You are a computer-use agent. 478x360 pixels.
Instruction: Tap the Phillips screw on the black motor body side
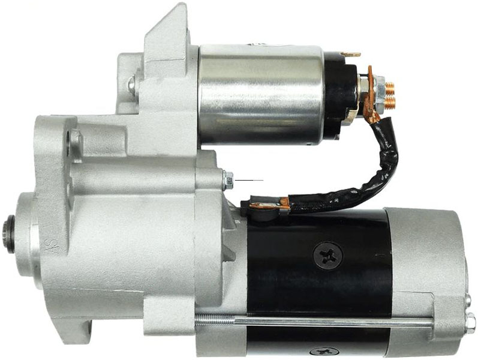pyautogui.click(x=328, y=255)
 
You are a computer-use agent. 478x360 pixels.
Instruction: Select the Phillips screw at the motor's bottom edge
pyautogui.click(x=324, y=352)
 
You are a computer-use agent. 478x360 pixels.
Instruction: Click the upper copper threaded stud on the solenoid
pyautogui.click(x=389, y=88)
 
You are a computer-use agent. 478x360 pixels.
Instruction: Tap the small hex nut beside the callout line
pyautogui.click(x=228, y=180)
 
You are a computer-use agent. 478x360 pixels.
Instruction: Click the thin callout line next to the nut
pyautogui.click(x=249, y=181)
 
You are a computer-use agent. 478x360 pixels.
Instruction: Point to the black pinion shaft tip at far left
pyautogui.click(x=10, y=234)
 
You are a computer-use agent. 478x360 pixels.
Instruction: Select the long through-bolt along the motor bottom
pyautogui.click(x=314, y=320)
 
